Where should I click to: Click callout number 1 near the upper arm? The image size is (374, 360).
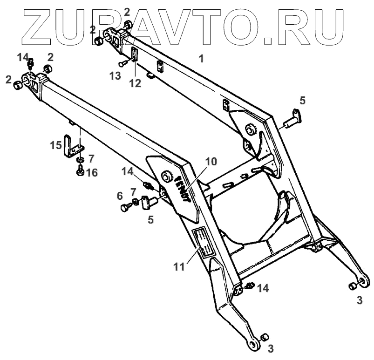click(x=201, y=59)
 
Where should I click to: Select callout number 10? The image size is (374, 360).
click(x=211, y=162)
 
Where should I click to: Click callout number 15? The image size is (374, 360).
click(x=56, y=145)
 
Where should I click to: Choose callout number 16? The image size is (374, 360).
click(x=92, y=173)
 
